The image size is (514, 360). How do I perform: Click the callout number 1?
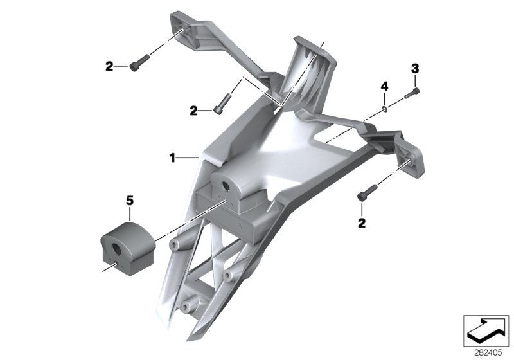[172, 158]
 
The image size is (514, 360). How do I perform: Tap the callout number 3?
[415, 69]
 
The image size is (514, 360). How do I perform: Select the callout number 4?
[384, 87]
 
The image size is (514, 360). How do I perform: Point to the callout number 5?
[130, 201]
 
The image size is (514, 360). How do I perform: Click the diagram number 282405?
[488, 353]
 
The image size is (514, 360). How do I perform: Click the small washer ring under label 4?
[385, 109]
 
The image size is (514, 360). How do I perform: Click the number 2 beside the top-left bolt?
[109, 67]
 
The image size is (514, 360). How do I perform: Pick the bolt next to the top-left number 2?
[139, 62]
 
